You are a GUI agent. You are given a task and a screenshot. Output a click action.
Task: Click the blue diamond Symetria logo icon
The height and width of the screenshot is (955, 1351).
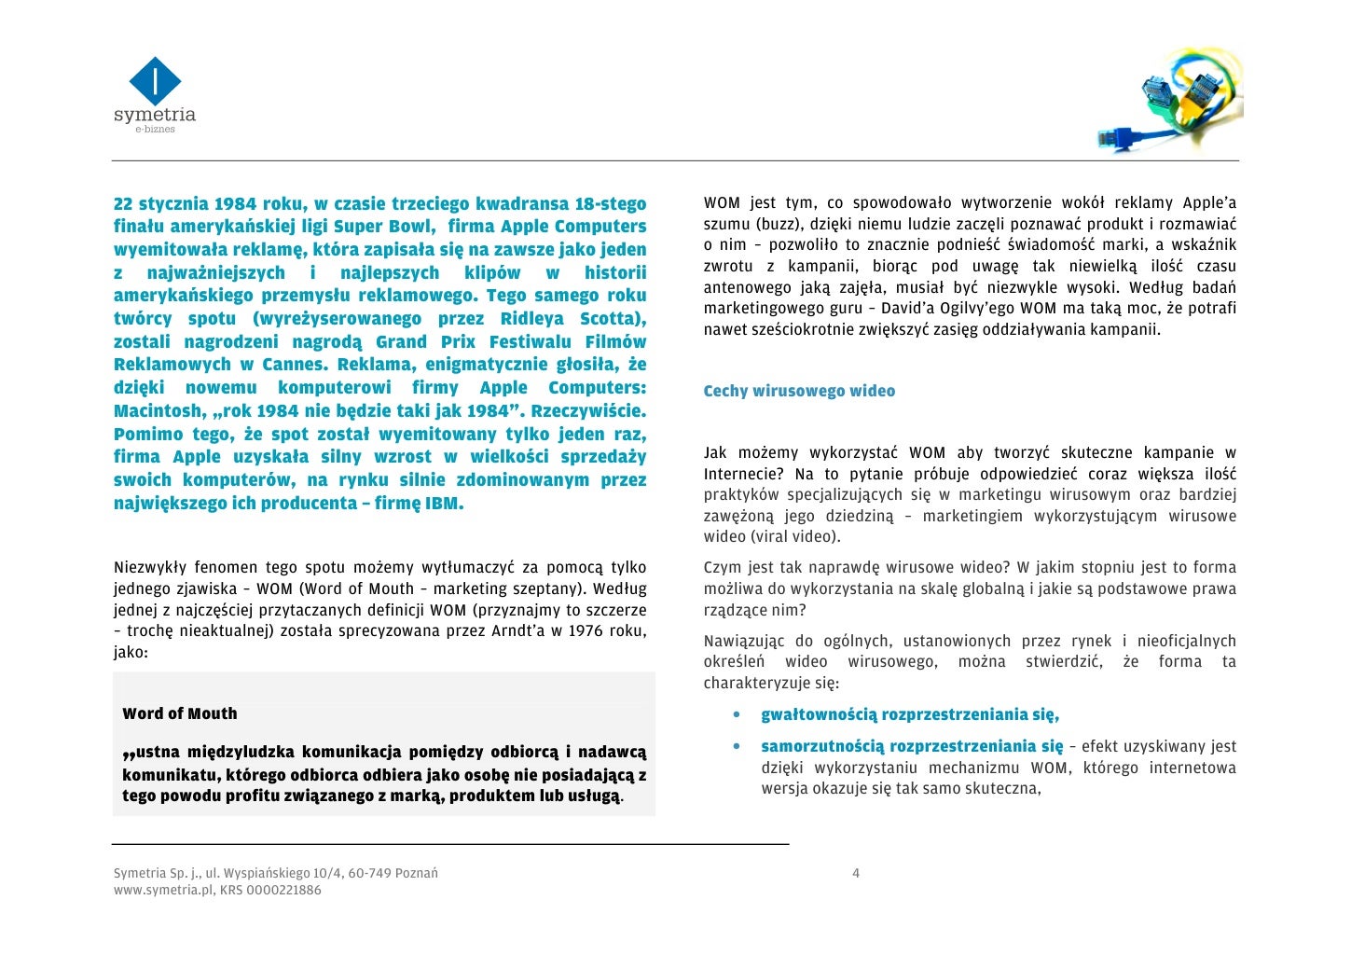coord(155,81)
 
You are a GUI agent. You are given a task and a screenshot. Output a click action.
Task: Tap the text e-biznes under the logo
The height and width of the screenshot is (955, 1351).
coord(155,130)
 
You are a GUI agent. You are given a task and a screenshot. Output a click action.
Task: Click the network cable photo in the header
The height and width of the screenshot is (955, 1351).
coord(1170,104)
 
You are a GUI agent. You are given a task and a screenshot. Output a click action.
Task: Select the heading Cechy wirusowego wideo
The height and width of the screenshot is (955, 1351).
coord(799,391)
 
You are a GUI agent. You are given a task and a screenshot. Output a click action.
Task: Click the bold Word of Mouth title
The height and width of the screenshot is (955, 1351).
coord(180,713)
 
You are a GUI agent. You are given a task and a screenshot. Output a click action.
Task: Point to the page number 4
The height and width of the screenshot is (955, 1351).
coord(856,874)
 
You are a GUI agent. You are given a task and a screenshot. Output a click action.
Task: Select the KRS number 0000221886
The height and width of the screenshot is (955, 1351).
coord(283,891)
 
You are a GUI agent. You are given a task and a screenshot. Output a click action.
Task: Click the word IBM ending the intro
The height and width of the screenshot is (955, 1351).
coord(443,504)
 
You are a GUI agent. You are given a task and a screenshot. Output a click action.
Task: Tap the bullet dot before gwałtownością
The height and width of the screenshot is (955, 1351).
coord(738,715)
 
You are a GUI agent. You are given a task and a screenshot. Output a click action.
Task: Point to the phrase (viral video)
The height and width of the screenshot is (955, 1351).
coord(794,537)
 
